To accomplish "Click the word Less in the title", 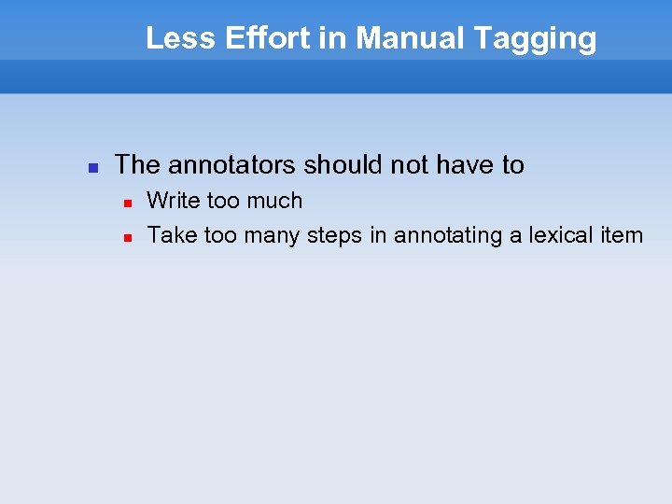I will point(173,38).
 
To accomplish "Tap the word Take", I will point(172,235).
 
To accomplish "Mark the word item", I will point(622,235).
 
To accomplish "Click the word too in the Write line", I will point(222,201).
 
